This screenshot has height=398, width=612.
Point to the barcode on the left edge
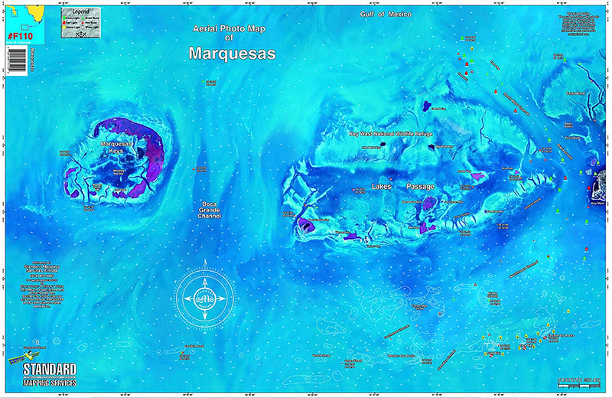[x=15, y=59]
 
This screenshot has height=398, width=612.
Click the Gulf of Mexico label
[x=386, y=15]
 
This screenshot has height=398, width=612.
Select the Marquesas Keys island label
[x=116, y=146]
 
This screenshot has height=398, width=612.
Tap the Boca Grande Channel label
[x=209, y=210]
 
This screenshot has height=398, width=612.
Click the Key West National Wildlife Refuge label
[x=391, y=134]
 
